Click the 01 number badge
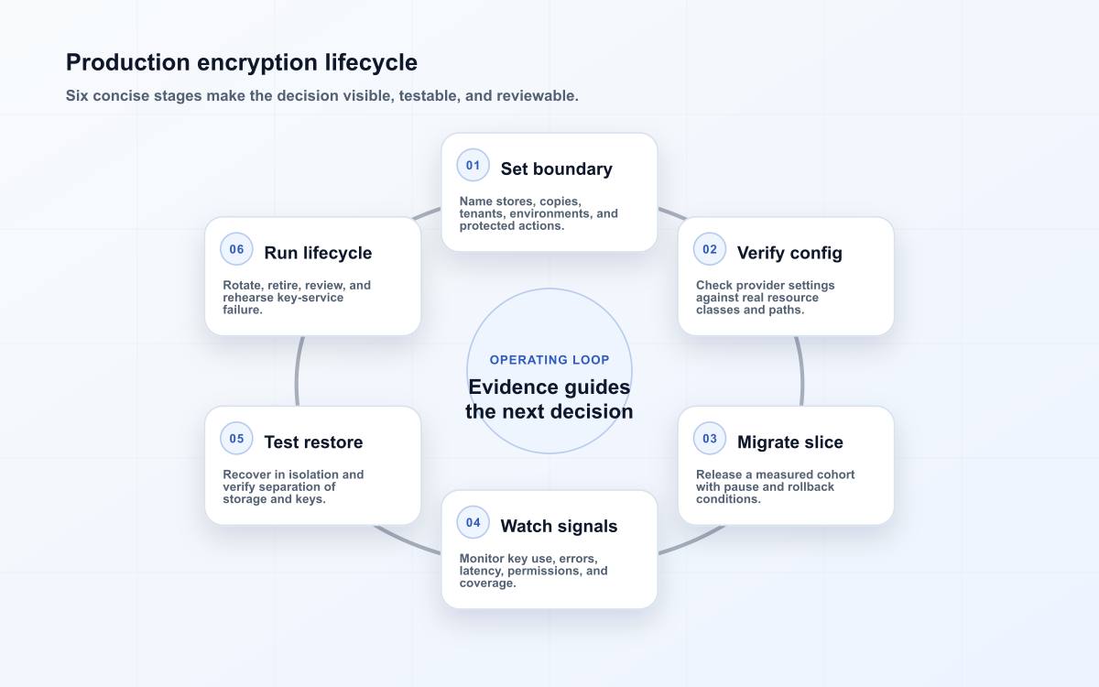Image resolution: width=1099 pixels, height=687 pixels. point(473,166)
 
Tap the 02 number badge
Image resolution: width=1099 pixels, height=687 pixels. point(710,249)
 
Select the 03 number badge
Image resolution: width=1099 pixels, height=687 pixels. point(710,439)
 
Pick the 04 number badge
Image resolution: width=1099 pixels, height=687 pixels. point(473,523)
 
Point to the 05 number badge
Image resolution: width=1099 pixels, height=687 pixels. point(236,439)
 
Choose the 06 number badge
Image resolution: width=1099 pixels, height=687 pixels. point(236,249)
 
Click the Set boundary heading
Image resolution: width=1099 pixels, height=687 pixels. point(557,169)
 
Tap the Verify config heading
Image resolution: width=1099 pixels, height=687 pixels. point(789,253)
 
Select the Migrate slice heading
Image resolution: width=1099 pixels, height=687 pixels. point(789,442)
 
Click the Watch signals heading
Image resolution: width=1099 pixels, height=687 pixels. point(559,526)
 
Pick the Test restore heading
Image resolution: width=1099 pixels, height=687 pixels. point(313,442)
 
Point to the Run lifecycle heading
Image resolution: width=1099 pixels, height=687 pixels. point(318,253)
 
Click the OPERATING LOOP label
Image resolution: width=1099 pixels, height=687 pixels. point(549,360)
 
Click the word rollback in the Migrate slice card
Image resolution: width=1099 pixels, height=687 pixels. point(811,486)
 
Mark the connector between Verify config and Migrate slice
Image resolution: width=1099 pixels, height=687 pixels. point(801,371)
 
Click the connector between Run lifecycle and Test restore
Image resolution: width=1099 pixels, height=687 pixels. point(298,371)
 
